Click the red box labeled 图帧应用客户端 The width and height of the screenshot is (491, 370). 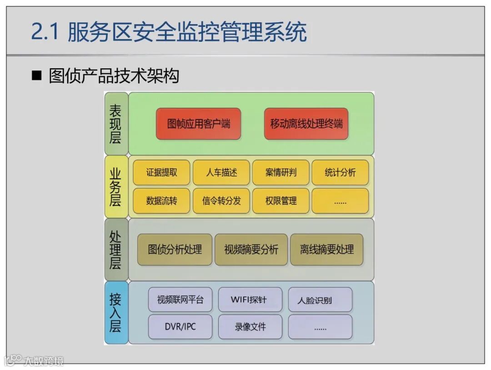pyautogui.click(x=198, y=124)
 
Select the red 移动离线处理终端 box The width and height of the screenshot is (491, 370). pyautogui.click(x=306, y=124)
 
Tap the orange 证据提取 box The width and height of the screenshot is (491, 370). pyautogui.click(x=161, y=173)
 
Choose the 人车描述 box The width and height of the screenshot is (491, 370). pyautogui.click(x=221, y=173)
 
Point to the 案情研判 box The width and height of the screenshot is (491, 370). pyautogui.click(x=281, y=173)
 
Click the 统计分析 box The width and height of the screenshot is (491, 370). pyautogui.click(x=340, y=173)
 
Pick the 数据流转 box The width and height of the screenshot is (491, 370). pyautogui.click(x=161, y=201)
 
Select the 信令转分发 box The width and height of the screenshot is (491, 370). pyautogui.click(x=221, y=201)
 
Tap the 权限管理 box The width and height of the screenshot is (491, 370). pyautogui.click(x=281, y=201)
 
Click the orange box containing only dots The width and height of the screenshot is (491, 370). pyautogui.click(x=340, y=201)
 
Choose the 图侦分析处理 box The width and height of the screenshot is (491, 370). pyautogui.click(x=175, y=250)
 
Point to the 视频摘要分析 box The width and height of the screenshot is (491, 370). pyautogui.click(x=251, y=250)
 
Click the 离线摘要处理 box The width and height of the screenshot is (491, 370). pyautogui.click(x=326, y=250)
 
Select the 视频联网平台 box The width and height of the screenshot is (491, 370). pyautogui.click(x=180, y=300)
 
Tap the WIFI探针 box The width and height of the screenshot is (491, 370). pyautogui.click(x=250, y=300)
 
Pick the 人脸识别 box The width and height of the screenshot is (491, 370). pyautogui.click(x=320, y=300)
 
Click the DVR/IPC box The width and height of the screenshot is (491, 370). pyautogui.click(x=180, y=327)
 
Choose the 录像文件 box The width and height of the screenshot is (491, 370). pyautogui.click(x=250, y=327)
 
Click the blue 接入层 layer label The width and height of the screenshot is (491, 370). pyautogui.click(x=115, y=312)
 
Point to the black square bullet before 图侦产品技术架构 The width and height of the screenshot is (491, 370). pyautogui.click(x=36, y=75)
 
